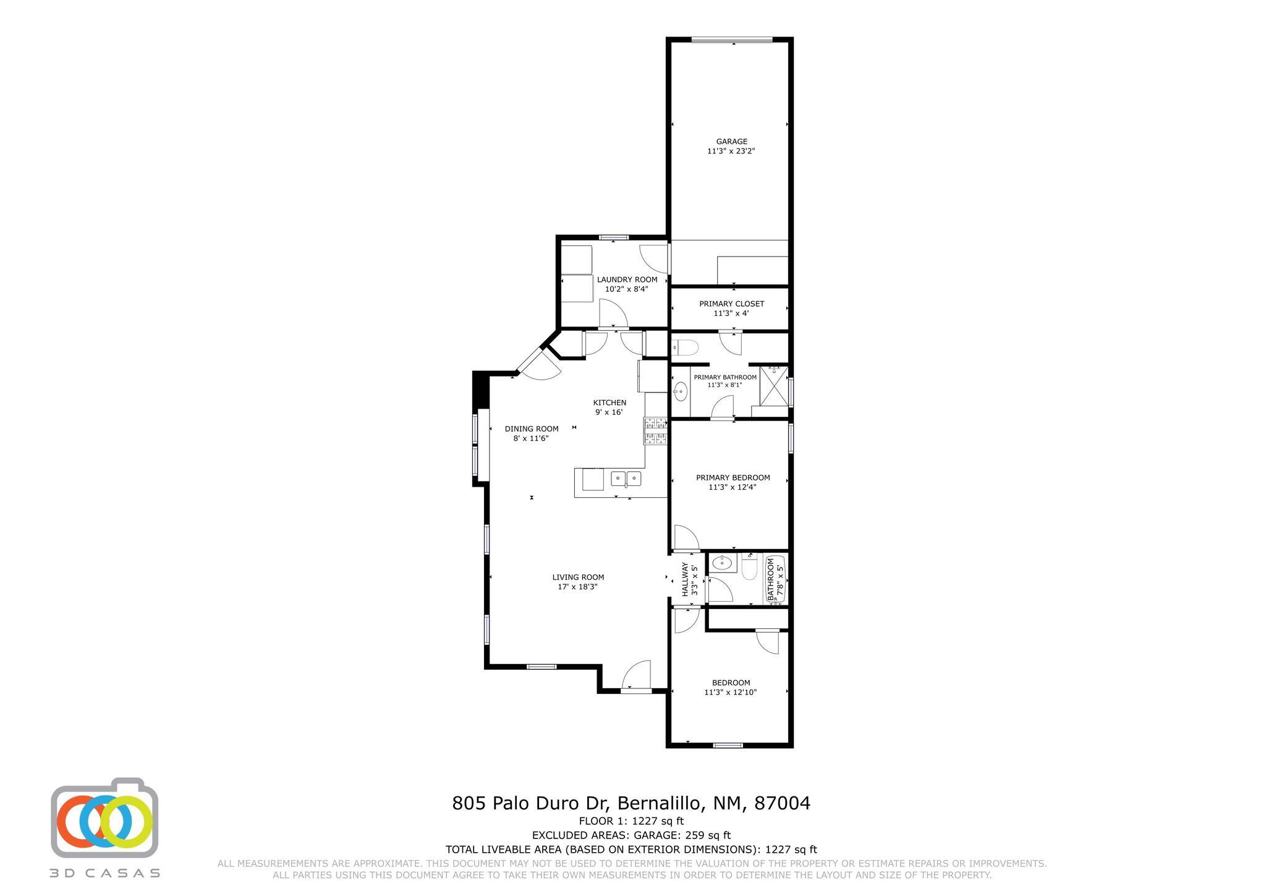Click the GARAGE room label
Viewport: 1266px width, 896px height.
pos(731,141)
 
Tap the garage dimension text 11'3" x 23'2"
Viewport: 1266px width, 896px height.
pos(731,151)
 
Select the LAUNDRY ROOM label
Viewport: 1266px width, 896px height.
pos(627,279)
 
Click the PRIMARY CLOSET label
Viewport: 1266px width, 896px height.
pos(731,304)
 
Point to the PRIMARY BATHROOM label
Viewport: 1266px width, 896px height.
pos(725,377)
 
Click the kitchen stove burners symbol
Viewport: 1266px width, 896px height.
pos(656,431)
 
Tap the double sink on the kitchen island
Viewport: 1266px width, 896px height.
pos(626,478)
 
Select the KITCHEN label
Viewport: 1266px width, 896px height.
pos(610,403)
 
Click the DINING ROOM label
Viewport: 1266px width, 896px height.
pos(531,429)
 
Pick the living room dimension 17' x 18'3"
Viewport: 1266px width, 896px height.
pos(577,587)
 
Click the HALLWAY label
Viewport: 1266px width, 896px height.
pos(685,579)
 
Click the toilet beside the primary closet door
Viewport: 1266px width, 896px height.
pos(685,348)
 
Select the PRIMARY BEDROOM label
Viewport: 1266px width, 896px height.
pos(733,477)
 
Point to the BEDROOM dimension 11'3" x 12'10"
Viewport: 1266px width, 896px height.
pos(730,692)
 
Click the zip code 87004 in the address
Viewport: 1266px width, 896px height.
pos(781,803)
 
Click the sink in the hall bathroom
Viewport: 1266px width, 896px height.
pos(721,563)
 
